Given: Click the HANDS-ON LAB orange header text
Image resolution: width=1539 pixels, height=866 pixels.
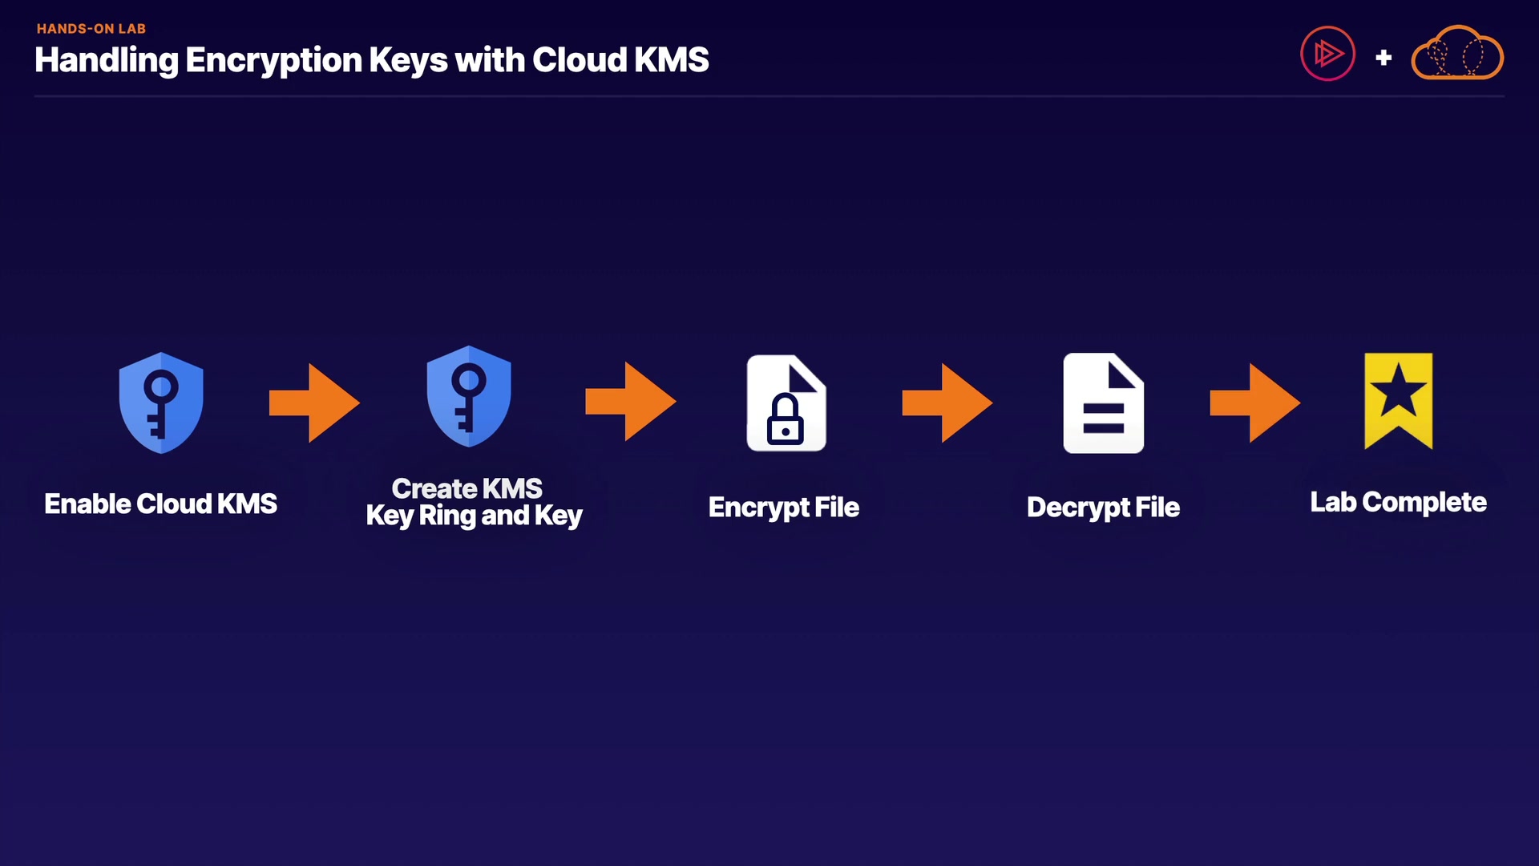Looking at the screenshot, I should (x=91, y=29).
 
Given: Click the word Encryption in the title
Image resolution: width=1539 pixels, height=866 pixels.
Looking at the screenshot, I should (x=273, y=60).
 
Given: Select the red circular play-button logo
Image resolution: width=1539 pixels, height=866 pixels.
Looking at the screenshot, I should (x=1327, y=54).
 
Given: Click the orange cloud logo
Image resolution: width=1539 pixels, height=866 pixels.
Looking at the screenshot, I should (x=1456, y=54).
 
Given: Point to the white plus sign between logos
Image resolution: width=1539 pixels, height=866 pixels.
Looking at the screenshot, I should (x=1383, y=58).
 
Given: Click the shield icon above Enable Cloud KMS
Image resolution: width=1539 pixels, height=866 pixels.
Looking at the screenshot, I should (x=160, y=403).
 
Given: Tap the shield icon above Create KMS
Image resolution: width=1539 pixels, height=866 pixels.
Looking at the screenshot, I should (x=468, y=396).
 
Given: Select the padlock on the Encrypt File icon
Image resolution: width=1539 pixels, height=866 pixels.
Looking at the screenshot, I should (x=786, y=420).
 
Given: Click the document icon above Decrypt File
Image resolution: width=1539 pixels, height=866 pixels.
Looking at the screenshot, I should (x=1103, y=403).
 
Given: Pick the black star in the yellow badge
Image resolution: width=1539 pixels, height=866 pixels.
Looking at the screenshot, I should (x=1398, y=391).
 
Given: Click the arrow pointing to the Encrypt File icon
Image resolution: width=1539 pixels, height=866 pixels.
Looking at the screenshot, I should (x=631, y=401).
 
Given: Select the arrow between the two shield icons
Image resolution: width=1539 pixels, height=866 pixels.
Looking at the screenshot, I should (x=314, y=403).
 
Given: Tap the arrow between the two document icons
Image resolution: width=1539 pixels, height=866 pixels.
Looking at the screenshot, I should (x=947, y=403).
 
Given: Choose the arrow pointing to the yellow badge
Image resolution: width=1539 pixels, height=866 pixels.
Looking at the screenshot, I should (x=1254, y=403).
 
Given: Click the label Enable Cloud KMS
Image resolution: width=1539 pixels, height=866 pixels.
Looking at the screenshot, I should (x=160, y=504).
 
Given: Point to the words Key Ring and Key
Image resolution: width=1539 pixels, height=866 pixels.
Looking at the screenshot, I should (x=474, y=516).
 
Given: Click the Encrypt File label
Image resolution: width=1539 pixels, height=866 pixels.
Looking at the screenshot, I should (x=783, y=507).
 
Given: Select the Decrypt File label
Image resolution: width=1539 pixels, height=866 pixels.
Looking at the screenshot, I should (x=1103, y=507).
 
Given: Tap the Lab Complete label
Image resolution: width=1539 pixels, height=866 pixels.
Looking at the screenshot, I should (x=1398, y=502).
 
